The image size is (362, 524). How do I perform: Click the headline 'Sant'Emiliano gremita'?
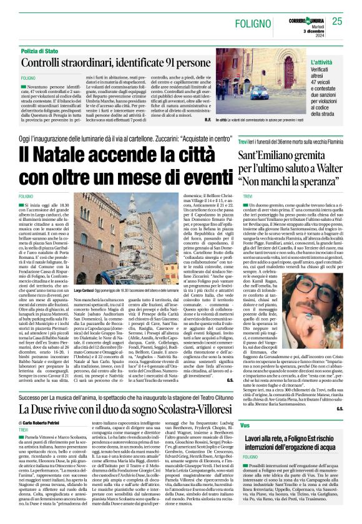coord(286,155)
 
